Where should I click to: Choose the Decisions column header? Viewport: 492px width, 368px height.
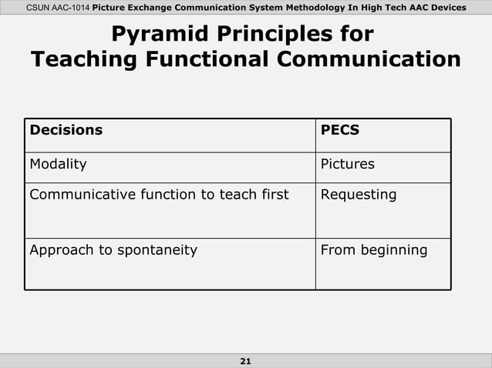(x=66, y=129)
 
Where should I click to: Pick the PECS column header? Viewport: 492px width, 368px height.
(x=339, y=129)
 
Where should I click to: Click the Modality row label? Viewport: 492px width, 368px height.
(x=58, y=164)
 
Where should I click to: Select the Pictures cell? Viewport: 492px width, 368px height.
(x=347, y=164)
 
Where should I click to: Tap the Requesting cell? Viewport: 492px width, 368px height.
(x=359, y=195)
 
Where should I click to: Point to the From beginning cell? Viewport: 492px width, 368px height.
(x=373, y=249)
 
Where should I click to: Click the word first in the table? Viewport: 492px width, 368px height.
(x=273, y=195)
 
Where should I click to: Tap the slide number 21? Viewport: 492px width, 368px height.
(x=246, y=361)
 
